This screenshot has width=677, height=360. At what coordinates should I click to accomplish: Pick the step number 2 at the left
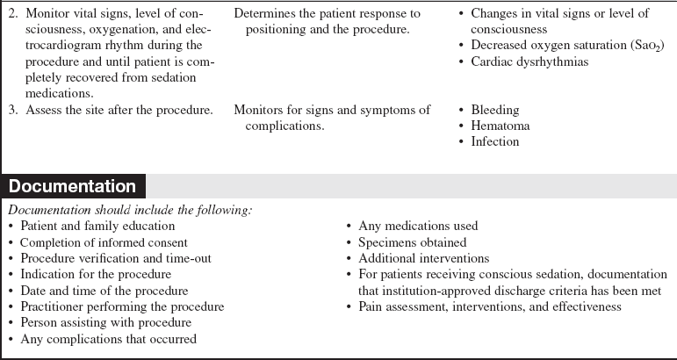(x=11, y=14)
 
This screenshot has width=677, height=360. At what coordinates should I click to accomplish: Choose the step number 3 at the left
(x=11, y=110)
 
